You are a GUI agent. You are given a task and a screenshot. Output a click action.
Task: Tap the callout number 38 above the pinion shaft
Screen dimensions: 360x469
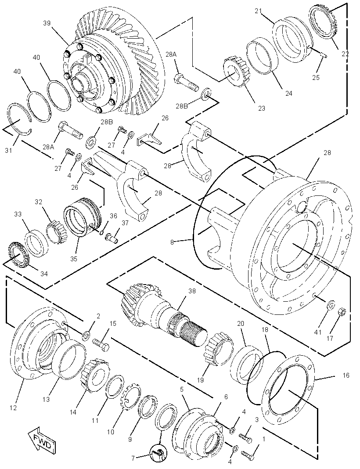[x=192, y=290]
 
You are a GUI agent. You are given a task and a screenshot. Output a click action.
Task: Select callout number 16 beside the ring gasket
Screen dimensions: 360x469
[x=346, y=375]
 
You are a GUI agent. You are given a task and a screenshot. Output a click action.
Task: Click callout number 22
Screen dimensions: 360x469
[x=346, y=54]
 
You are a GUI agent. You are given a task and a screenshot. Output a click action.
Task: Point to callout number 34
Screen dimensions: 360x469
[x=43, y=274]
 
